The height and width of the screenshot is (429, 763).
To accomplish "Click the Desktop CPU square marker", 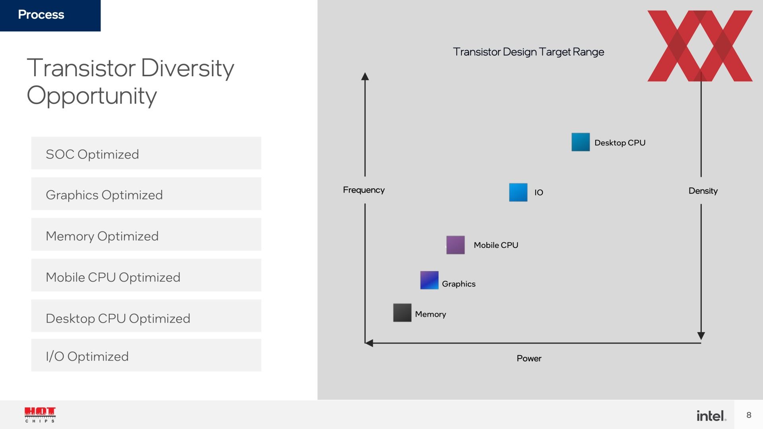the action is click(x=581, y=142).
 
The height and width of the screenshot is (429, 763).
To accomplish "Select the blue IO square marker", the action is click(x=518, y=192).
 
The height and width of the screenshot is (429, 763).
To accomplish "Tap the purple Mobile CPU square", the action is click(x=455, y=245).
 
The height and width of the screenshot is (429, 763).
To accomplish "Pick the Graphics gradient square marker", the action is click(x=429, y=280).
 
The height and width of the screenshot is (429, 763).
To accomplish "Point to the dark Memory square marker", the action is click(x=402, y=313).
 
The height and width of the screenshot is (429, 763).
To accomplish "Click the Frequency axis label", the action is click(x=364, y=190).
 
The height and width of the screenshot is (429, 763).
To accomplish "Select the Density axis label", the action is click(x=703, y=191).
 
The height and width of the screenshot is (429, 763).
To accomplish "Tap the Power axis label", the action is click(x=529, y=358).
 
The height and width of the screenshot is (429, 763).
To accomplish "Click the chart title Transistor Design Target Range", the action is click(x=529, y=52).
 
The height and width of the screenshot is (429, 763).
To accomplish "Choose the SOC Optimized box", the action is click(x=146, y=153).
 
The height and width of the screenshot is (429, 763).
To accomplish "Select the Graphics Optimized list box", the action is click(x=146, y=194).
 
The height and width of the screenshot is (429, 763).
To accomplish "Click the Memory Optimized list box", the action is click(x=146, y=234).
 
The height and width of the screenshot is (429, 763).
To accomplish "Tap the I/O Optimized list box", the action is click(x=146, y=355).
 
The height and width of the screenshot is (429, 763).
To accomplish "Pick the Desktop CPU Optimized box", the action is click(x=146, y=316).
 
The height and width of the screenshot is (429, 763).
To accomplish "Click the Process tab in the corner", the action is click(x=50, y=15).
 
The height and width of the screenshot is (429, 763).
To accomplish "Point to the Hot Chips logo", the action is click(x=40, y=415).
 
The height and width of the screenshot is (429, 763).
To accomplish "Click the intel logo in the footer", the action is click(x=711, y=415).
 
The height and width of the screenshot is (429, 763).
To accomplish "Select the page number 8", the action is click(x=749, y=415).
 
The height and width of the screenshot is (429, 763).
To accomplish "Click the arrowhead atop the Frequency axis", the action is click(x=365, y=76).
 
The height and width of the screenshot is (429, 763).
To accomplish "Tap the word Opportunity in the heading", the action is click(x=92, y=97).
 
